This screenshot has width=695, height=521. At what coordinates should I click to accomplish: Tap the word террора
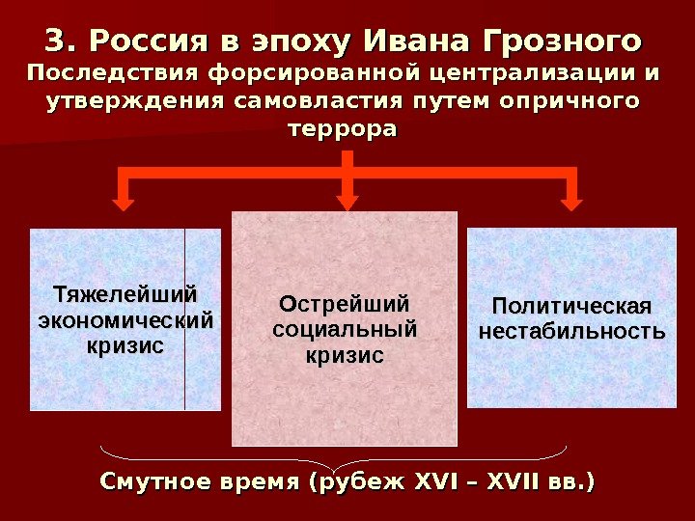(x=343, y=128)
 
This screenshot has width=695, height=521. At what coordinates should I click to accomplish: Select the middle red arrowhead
(x=347, y=203)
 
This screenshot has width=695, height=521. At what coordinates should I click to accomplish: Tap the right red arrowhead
(x=571, y=203)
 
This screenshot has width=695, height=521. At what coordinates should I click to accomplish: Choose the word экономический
(x=125, y=319)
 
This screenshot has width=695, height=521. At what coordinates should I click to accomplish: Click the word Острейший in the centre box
(x=345, y=305)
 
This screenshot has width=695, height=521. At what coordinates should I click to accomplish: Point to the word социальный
(x=345, y=330)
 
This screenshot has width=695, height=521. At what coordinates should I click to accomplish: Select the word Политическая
(x=571, y=307)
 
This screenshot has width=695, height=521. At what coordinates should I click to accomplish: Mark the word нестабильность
(x=571, y=333)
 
